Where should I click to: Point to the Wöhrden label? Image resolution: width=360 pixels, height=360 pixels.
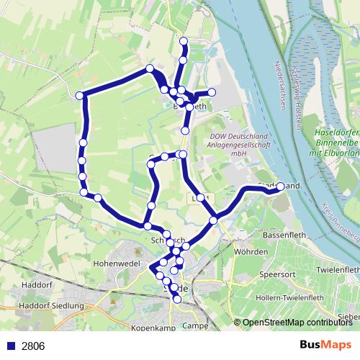point(251,252)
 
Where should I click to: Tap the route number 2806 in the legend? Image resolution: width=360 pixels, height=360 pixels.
point(33,346)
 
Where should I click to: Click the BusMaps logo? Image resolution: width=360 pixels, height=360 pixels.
point(325,345)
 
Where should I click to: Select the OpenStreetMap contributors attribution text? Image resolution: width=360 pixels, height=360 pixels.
point(297,323)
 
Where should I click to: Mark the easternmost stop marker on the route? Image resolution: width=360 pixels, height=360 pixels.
point(280,186)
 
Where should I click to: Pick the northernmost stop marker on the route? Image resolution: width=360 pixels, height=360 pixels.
point(184,41)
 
